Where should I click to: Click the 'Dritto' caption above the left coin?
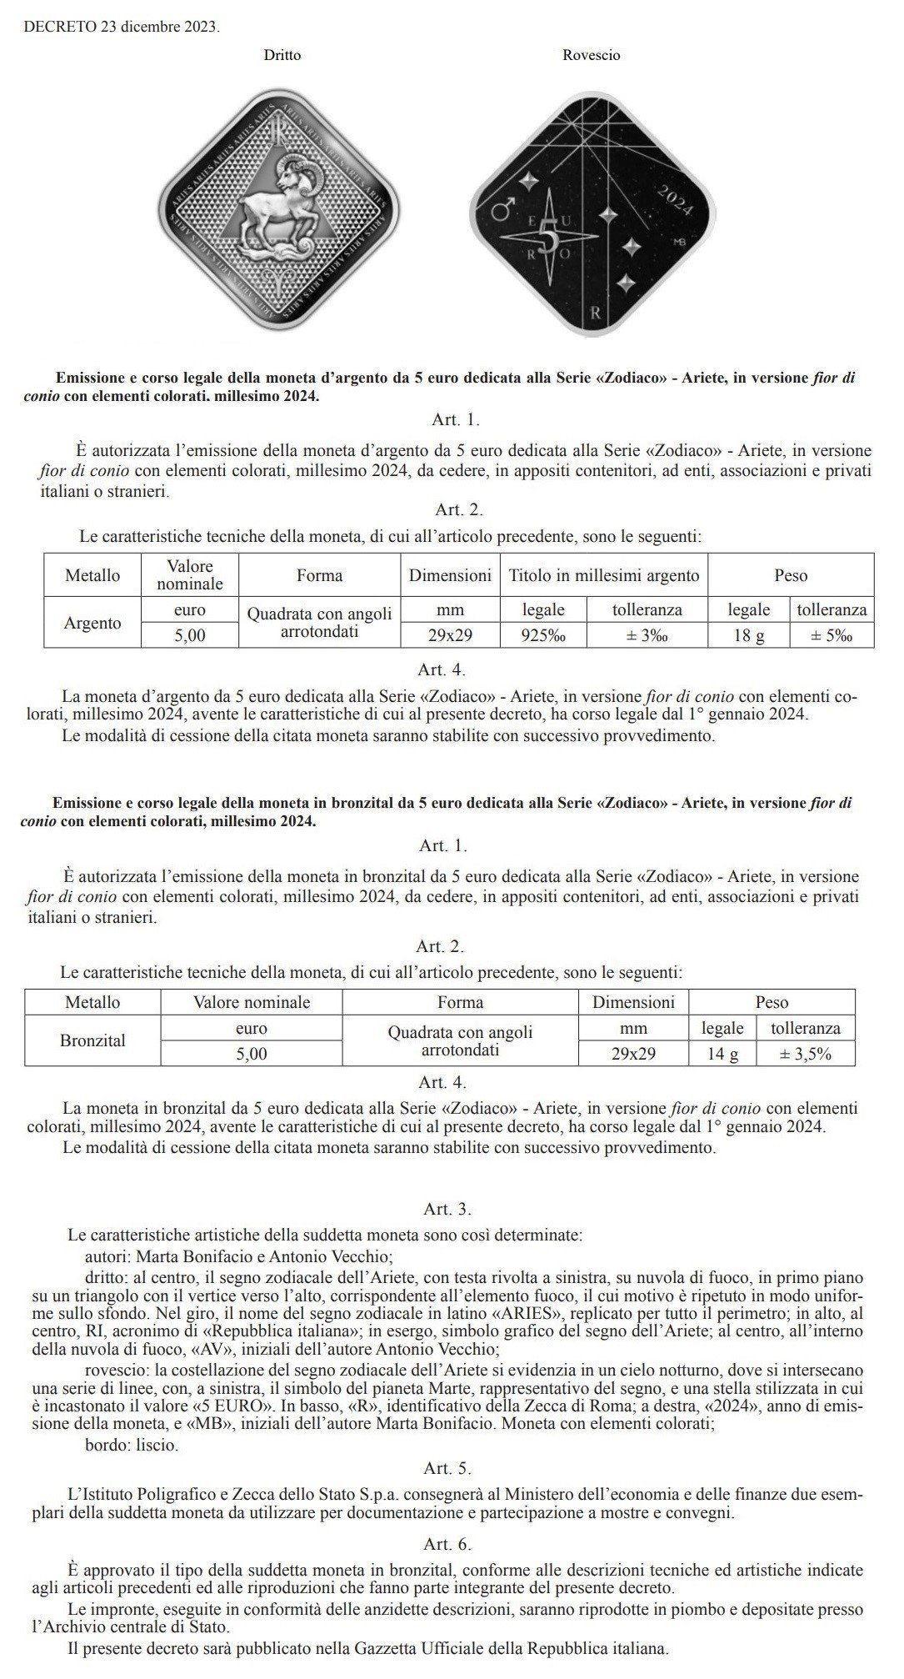(282, 56)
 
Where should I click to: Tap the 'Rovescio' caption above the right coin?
(591, 56)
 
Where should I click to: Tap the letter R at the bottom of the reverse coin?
(595, 314)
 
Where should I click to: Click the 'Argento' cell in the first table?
(92, 623)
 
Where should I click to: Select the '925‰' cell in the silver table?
(543, 636)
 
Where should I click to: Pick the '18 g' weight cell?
(748, 636)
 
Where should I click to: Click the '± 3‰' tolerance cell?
(647, 636)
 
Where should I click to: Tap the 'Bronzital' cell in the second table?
(92, 1040)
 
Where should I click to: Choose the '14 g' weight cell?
(722, 1054)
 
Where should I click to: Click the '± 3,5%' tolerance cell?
(805, 1054)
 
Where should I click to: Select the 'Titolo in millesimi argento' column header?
(603, 575)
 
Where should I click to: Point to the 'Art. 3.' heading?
(447, 1209)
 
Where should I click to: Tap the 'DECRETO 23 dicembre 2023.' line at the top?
(122, 28)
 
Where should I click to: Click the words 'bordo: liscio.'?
(132, 1445)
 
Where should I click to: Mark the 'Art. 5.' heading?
(447, 1468)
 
